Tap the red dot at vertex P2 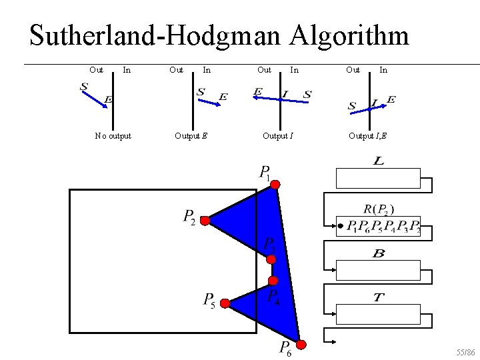[205, 220]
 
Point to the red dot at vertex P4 [272, 281]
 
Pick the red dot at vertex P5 [225, 304]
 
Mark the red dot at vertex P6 [301, 345]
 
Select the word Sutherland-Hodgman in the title [155, 36]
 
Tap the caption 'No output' [113, 136]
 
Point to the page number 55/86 [465, 351]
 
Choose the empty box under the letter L [378, 179]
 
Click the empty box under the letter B [378, 270]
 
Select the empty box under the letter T [378, 314]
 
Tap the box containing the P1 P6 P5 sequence [383, 227]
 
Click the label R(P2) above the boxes [383, 209]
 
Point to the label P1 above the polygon [265, 173]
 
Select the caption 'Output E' [191, 136]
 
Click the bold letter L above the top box [379, 162]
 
